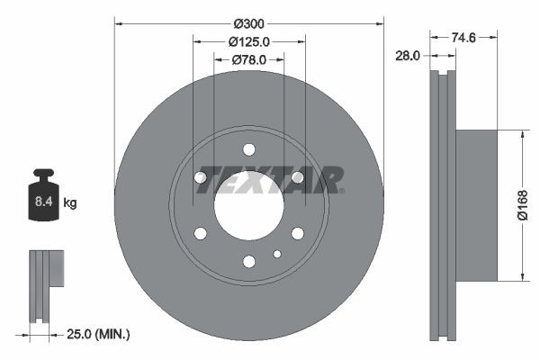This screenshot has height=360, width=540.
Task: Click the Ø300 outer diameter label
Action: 249,22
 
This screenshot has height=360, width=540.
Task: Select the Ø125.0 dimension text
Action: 249,41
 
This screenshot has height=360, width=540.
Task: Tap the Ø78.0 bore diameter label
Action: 249,60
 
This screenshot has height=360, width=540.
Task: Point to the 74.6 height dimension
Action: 463,37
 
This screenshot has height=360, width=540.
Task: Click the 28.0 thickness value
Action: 408,55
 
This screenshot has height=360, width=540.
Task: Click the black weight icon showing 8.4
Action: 43,194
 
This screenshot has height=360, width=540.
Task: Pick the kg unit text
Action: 70,203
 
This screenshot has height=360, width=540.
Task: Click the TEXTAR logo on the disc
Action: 270,179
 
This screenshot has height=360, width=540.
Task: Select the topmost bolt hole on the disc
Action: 249,149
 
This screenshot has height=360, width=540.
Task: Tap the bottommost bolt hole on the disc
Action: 249,262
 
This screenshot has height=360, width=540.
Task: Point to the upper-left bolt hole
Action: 201,177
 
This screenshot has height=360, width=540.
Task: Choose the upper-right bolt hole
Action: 298,177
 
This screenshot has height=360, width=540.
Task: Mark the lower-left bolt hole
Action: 201,234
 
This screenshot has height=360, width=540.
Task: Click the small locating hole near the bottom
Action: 276,254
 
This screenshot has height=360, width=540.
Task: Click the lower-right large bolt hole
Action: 298,234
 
